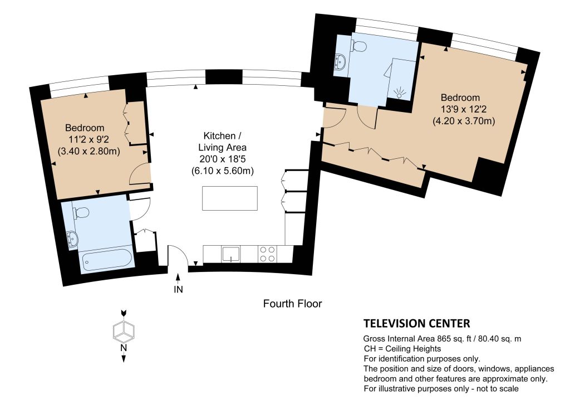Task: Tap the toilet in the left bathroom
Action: point(82,212)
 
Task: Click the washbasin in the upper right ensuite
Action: point(340,61)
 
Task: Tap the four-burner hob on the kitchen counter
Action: point(267,254)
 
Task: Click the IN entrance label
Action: point(178,289)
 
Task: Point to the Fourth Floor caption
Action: point(292,304)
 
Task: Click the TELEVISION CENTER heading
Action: point(416,323)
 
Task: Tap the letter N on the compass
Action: point(124,348)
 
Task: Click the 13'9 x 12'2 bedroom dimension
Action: point(464,109)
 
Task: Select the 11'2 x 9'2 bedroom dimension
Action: point(89,139)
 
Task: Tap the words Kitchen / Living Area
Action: point(223,142)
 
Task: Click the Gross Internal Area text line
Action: point(441,338)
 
